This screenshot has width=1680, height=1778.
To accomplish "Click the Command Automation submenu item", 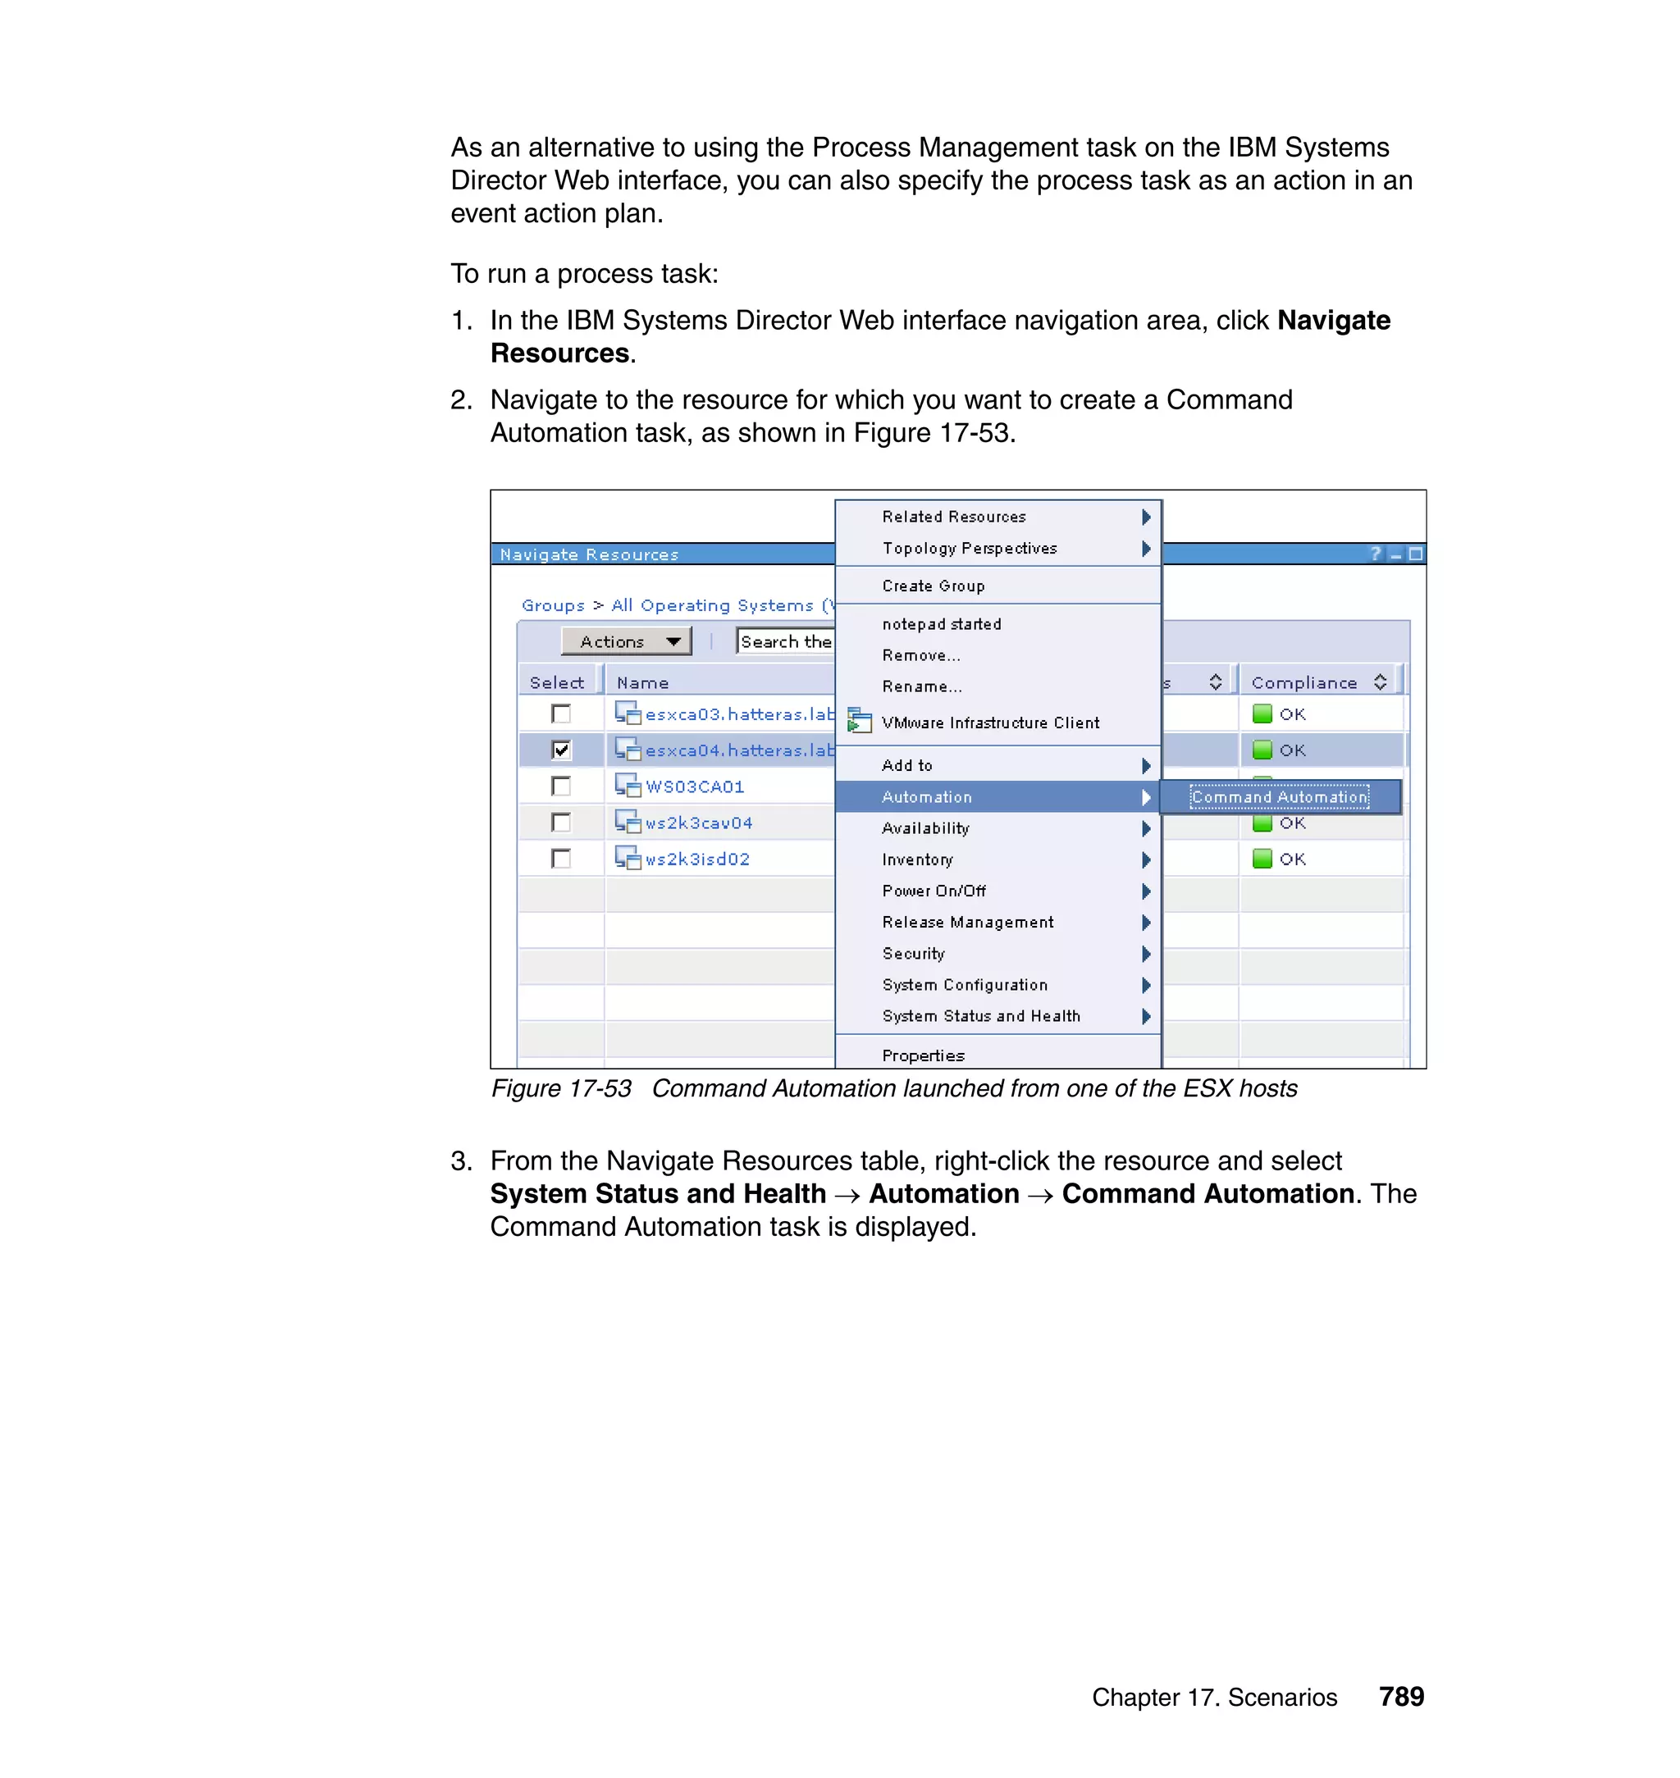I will coord(1279,797).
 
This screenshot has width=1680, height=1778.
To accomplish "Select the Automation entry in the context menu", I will coord(927,797).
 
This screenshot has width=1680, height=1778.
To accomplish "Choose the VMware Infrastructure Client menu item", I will coord(989,723).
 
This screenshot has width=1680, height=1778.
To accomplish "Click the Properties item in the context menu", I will coord(924,1055).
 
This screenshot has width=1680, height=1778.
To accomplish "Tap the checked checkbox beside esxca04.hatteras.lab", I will coord(561,750).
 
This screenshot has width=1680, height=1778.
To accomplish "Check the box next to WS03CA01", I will coord(561,786).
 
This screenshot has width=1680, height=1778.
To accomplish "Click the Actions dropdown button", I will coord(626,641).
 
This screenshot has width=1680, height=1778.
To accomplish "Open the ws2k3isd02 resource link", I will coord(697,859).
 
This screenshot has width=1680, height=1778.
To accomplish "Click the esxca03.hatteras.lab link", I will coord(739,714).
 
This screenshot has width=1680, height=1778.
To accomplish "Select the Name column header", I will coord(643,682).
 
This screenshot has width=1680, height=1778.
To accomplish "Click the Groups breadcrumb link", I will coord(553,605).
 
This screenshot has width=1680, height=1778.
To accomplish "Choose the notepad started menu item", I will coord(941,624).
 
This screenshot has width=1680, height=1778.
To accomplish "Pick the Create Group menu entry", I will coord(934,586).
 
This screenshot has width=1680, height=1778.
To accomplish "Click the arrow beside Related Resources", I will coord(1145,517).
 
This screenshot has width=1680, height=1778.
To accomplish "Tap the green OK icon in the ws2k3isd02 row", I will coord(1262,859).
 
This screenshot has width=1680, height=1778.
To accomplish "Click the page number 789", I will coord(1400,1697).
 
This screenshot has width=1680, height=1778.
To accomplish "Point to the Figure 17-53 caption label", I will coord(561,1088).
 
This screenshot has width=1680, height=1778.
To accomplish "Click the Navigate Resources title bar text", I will coord(589,554).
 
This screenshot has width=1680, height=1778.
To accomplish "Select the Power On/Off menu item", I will coord(934,891).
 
